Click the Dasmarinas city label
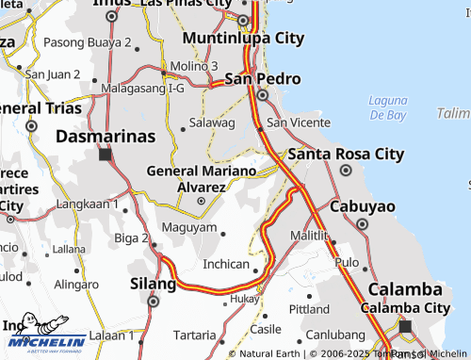tap(105, 136)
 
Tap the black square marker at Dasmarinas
tap(106, 155)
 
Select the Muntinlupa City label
tap(244, 39)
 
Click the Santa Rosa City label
tap(346, 154)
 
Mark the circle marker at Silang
tap(154, 302)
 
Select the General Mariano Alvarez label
tap(201, 178)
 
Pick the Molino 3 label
tap(194, 65)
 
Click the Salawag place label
tap(211, 123)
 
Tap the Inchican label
tap(226, 265)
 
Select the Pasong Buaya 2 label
tap(88, 42)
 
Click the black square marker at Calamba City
tap(406, 326)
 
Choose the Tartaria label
tap(195, 335)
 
